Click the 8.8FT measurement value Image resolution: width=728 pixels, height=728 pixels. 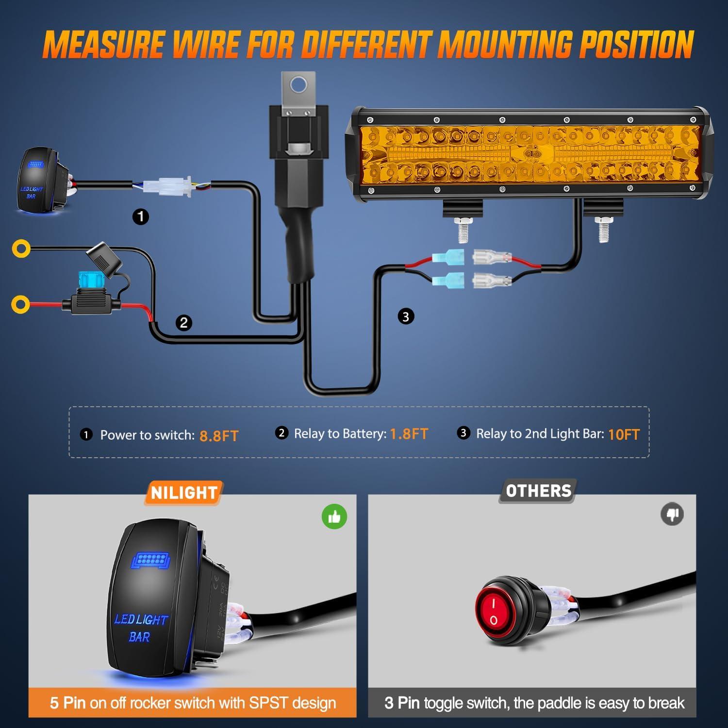coord(219,435)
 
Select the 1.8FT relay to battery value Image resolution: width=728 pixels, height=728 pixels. coord(409,433)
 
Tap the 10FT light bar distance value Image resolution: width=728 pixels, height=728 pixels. coord(624,434)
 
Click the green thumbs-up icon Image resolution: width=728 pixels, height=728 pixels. coord(334,516)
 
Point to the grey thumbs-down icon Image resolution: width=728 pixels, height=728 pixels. coord(672,514)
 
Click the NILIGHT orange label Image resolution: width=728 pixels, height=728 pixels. coord(183,493)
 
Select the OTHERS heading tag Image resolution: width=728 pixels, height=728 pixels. coord(538,491)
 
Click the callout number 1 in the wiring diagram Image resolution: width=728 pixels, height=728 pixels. coord(141,216)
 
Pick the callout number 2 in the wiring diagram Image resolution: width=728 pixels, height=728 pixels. coord(183,323)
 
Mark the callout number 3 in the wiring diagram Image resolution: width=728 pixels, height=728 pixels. coord(406,317)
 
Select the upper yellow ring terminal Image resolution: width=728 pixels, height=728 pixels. coord(21,249)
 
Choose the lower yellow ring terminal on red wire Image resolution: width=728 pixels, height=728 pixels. coord(20,304)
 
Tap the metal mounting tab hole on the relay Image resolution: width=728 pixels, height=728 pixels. coord(298,86)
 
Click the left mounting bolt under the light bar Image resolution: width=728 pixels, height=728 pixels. coord(463,230)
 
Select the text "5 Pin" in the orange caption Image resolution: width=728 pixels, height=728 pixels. coord(67,702)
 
